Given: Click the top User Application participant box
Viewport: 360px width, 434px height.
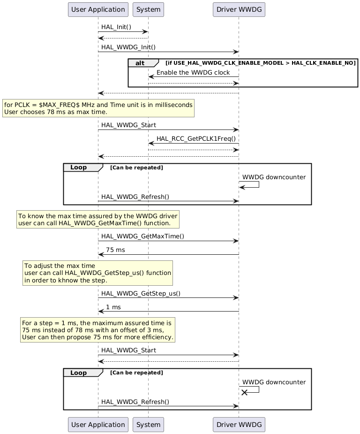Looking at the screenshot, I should click(98, 9).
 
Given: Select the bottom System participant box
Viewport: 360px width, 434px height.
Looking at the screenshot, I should click(148, 425).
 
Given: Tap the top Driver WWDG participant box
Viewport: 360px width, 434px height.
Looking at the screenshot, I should click(239, 9).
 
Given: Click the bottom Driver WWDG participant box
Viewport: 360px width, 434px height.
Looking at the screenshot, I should click(239, 425).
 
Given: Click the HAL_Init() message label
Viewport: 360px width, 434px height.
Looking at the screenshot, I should click(116, 27).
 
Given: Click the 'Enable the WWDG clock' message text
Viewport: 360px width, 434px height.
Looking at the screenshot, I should click(193, 72).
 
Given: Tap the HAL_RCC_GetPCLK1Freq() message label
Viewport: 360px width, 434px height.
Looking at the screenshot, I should click(196, 138).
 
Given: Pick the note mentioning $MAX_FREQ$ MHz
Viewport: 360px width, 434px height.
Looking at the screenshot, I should click(98, 108).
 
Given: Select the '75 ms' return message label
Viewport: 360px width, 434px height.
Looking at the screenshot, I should click(115, 250).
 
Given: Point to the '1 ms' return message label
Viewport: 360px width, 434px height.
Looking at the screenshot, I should click(113, 307).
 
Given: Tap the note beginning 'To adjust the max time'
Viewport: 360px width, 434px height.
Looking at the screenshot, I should click(98, 273).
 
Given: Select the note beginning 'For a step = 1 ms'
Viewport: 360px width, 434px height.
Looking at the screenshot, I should click(97, 330).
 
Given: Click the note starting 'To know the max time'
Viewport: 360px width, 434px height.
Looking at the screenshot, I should click(98, 219).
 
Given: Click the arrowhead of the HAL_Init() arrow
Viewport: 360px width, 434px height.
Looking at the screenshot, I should click(145, 32).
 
